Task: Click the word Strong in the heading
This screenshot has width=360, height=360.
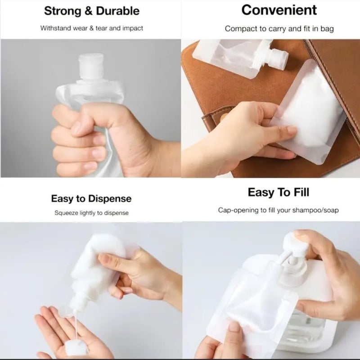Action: tap(63, 11)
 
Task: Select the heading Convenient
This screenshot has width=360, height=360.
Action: tap(279, 10)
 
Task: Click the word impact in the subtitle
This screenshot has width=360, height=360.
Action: tap(133, 28)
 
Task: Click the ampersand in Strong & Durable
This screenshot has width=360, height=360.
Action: tap(88, 11)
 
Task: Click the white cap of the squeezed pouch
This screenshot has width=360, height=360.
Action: tap(91, 67)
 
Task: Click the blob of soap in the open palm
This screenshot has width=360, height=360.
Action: tap(76, 347)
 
